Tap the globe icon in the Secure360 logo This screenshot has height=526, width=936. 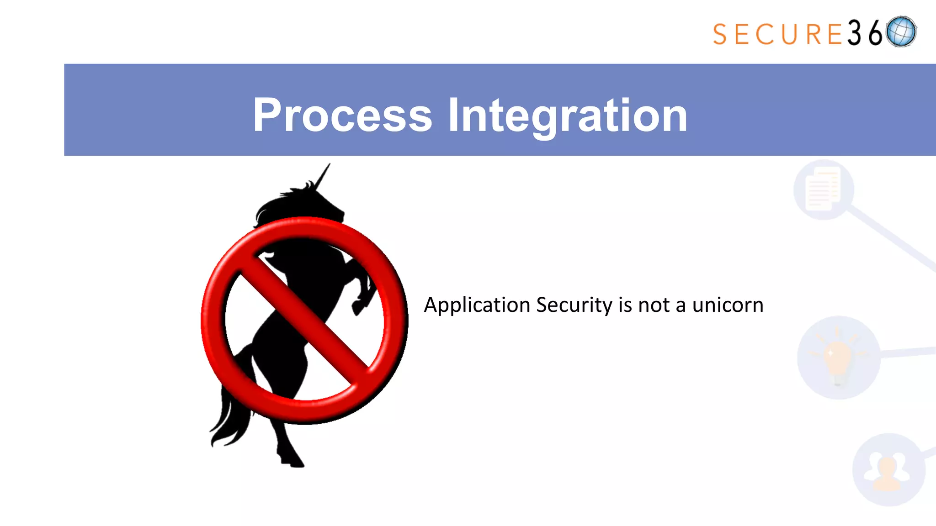pyautogui.click(x=901, y=32)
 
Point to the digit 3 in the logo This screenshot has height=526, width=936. pyautogui.click(x=854, y=33)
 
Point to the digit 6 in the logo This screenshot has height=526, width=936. pyautogui.click(x=875, y=33)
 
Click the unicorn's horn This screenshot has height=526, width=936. pyautogui.click(x=323, y=176)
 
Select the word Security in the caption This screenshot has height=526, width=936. pyautogui.click(x=574, y=305)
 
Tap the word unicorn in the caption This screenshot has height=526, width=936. pyautogui.click(x=728, y=305)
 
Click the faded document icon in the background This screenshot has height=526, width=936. pyautogui.click(x=823, y=189)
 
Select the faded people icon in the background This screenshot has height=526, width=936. pyautogui.click(x=887, y=470)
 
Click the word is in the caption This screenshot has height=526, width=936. pyautogui.click(x=625, y=305)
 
